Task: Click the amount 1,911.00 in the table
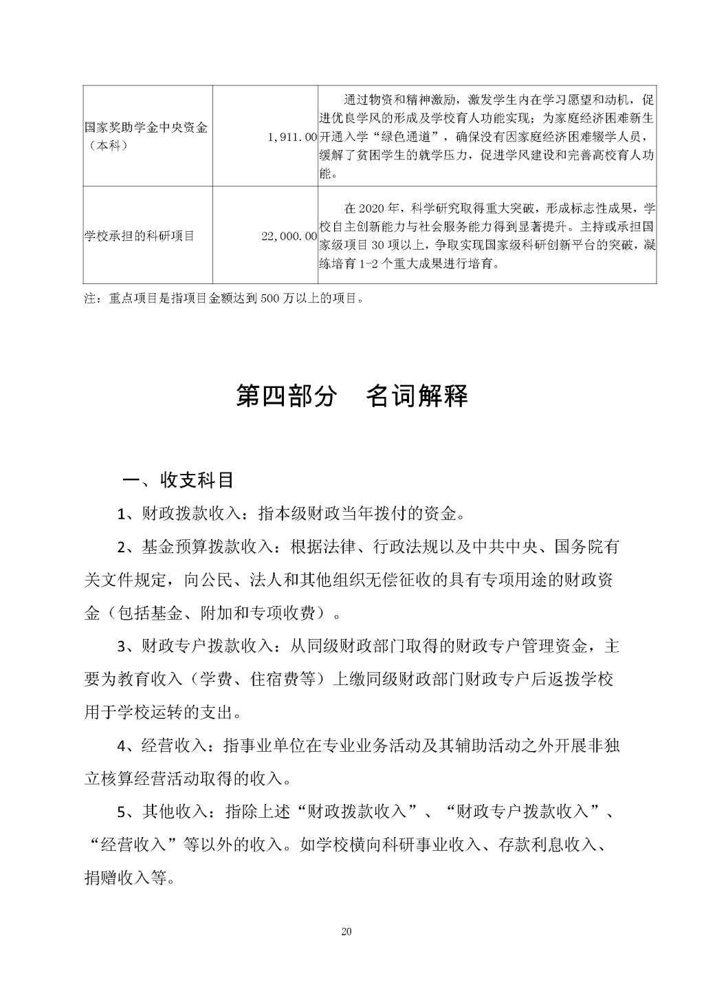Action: click(x=291, y=138)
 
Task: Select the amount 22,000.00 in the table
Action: click(x=289, y=236)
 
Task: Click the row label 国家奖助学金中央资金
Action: click(x=146, y=128)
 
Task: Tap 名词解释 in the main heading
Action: click(x=417, y=396)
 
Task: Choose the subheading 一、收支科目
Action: click(x=178, y=480)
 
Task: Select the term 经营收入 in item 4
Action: click(x=172, y=746)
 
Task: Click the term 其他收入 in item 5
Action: click(x=172, y=811)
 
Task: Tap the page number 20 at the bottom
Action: click(x=346, y=933)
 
